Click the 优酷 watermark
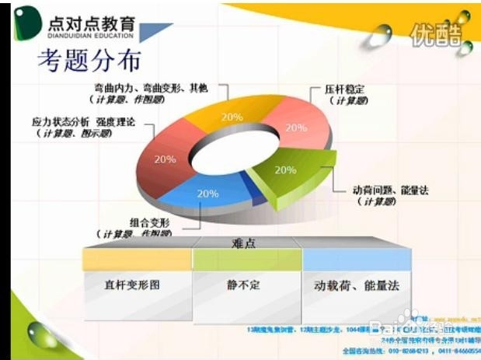click(x=437, y=34)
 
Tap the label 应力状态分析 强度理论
click(x=83, y=122)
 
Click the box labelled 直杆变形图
click(x=137, y=285)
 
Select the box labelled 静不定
click(x=244, y=285)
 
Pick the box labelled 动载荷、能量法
click(x=357, y=285)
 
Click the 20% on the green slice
click(x=285, y=170)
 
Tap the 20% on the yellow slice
click(x=232, y=117)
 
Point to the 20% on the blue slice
click(x=207, y=194)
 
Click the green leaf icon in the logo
click(x=27, y=24)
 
